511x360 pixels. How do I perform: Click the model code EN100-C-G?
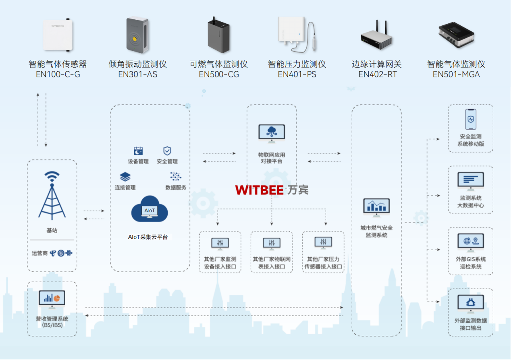click(x=58, y=74)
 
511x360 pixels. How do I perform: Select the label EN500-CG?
click(x=219, y=74)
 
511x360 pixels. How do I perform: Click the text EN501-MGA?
click(x=456, y=74)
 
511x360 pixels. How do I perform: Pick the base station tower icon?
click(x=52, y=196)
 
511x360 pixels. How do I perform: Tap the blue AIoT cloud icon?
click(x=150, y=209)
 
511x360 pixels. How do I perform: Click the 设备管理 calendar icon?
click(x=138, y=151)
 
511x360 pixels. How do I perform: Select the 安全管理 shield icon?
click(x=167, y=151)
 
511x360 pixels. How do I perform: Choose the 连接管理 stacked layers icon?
click(x=125, y=177)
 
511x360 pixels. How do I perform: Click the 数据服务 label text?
click(x=176, y=188)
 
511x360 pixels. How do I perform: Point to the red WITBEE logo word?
click(x=259, y=190)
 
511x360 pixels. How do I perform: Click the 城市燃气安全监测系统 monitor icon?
click(x=376, y=207)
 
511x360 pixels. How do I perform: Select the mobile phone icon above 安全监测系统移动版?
click(x=470, y=120)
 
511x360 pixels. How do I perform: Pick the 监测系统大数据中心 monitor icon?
click(x=470, y=182)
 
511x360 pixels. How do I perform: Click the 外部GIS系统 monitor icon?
click(x=470, y=243)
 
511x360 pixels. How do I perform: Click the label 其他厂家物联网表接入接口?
click(x=272, y=263)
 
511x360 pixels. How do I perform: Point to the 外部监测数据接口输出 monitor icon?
click(x=470, y=304)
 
